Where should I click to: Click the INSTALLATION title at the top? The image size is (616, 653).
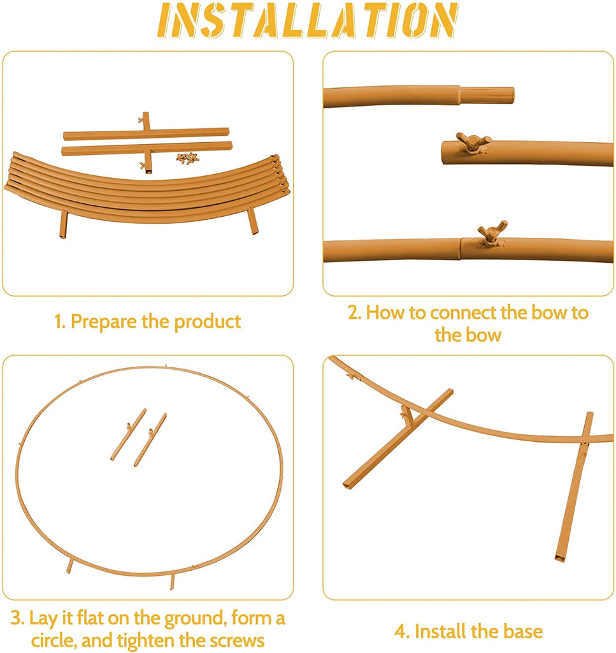point(308,20)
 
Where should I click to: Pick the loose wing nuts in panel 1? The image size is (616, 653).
point(187,158)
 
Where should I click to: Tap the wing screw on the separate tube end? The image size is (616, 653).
point(473,142)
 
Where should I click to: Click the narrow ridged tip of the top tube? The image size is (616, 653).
point(487,96)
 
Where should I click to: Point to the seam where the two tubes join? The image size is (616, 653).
point(461,249)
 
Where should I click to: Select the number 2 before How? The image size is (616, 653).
point(354,312)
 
